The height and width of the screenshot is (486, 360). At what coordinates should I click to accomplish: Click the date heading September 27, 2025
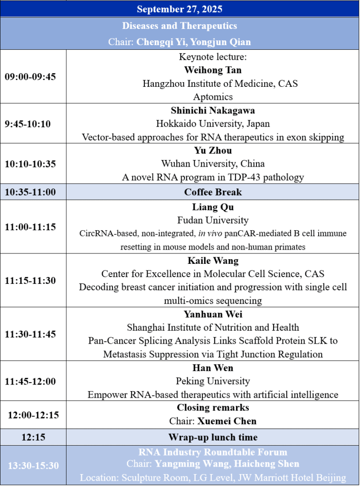(x=180, y=9)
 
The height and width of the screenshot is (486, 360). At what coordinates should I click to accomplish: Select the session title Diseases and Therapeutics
(x=180, y=26)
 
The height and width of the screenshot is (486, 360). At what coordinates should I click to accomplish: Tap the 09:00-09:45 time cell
(x=30, y=77)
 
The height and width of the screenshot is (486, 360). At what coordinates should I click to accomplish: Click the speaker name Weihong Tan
(x=213, y=70)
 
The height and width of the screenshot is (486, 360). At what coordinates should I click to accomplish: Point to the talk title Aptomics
(x=213, y=97)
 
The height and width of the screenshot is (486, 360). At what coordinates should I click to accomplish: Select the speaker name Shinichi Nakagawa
(x=213, y=110)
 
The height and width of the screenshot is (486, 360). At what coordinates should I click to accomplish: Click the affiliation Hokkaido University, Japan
(x=213, y=124)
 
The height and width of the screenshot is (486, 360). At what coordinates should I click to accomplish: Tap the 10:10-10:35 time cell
(x=30, y=164)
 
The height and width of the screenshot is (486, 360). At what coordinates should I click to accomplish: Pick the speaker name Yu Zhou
(x=213, y=150)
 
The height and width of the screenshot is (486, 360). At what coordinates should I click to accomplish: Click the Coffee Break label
(x=213, y=192)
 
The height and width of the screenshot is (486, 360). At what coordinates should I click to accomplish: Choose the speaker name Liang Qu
(x=213, y=207)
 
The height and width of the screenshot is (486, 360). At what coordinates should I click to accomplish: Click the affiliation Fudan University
(x=213, y=220)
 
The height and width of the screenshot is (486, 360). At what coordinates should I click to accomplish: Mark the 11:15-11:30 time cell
(x=30, y=280)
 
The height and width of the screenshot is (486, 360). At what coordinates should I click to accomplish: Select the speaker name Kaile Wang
(x=213, y=261)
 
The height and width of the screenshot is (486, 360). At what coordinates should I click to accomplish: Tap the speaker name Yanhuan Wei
(x=213, y=314)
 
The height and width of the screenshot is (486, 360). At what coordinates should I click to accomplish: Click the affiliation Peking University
(x=213, y=381)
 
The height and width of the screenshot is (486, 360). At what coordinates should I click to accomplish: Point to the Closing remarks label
(x=213, y=408)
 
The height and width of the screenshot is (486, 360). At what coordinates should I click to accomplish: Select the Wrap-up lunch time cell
(x=213, y=437)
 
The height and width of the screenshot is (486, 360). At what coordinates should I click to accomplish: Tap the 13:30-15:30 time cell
(x=33, y=466)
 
